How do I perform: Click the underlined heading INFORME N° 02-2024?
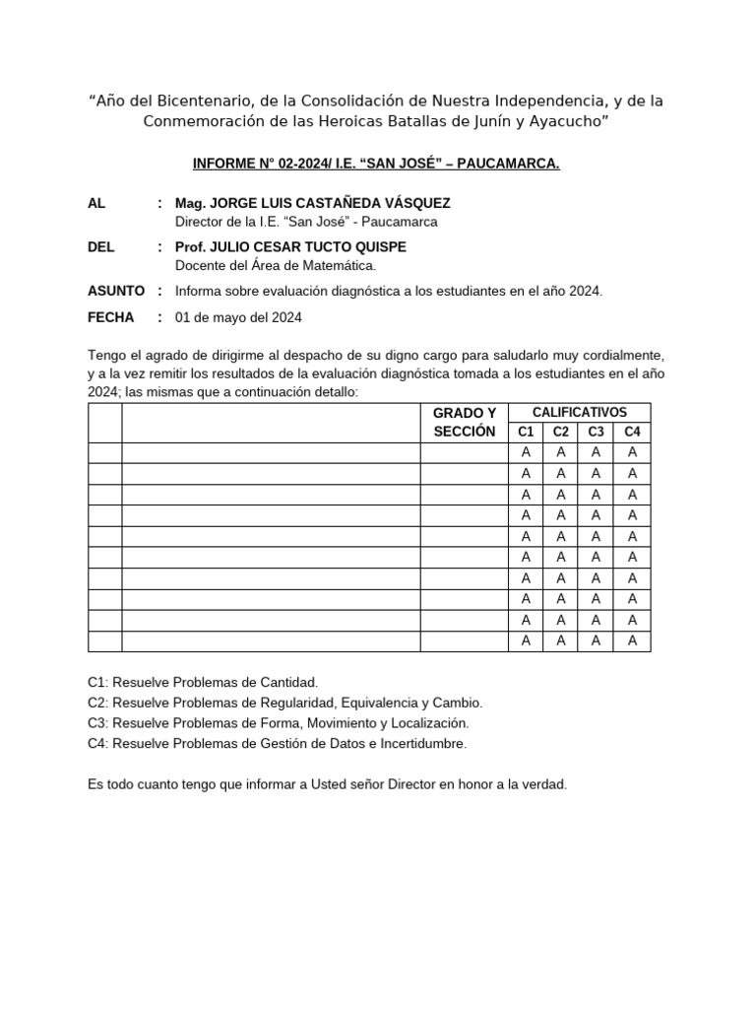tap(376, 163)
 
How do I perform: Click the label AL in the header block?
tap(96, 203)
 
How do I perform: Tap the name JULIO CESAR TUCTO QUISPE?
tap(290, 246)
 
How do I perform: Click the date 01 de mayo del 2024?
tap(238, 317)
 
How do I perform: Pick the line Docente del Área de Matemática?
tap(276, 265)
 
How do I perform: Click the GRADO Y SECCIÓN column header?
tap(464, 422)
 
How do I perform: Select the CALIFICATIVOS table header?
tap(579, 412)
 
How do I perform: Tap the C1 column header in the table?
tap(526, 432)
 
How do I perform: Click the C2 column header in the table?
tap(561, 432)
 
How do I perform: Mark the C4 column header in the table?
tap(632, 432)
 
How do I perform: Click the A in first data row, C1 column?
tap(526, 452)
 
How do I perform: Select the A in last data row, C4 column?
tap(632, 640)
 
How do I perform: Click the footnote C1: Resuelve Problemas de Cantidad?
tap(203, 682)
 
